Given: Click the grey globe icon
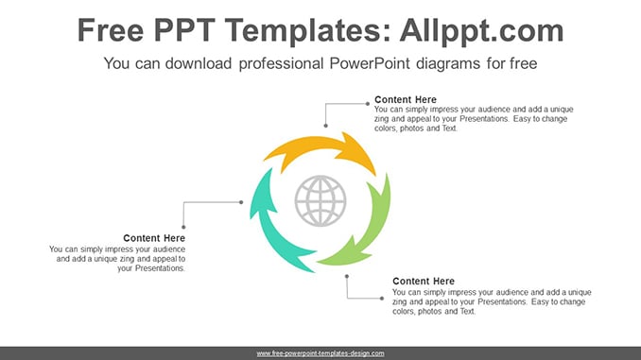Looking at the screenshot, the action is [x=320, y=200].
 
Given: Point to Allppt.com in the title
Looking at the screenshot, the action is [x=481, y=31].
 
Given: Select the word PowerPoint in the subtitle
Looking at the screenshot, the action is [x=370, y=63].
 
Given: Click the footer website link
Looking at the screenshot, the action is [x=320, y=353].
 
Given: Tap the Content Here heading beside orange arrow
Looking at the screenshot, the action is [x=406, y=99].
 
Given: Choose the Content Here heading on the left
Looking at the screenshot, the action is [x=154, y=238].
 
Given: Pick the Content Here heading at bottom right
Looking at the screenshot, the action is [x=424, y=282].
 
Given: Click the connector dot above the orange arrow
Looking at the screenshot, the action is [x=326, y=126].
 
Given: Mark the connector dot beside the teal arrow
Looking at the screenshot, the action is [x=241, y=202].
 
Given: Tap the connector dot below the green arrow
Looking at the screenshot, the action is [x=347, y=276].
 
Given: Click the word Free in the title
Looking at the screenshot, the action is [x=111, y=30].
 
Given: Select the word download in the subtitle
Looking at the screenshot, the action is [x=199, y=63].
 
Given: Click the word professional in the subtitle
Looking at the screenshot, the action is [x=281, y=63].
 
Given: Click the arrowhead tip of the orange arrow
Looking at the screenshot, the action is [x=375, y=176].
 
